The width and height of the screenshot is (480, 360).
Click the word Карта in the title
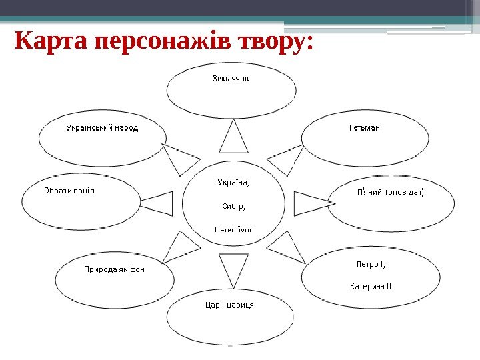(51, 42)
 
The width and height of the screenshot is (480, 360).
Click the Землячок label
(231, 79)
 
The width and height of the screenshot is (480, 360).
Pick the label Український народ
(102, 127)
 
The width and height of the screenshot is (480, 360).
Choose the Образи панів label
(69, 191)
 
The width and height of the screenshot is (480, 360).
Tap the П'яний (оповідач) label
(391, 193)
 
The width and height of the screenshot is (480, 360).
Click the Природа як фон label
(114, 270)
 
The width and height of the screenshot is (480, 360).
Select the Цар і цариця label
(230, 306)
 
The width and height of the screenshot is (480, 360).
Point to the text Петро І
(371, 265)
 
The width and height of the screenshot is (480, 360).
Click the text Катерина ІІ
(371, 287)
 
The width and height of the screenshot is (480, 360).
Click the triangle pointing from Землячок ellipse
(233, 139)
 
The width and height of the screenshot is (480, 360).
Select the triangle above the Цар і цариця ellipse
(233, 269)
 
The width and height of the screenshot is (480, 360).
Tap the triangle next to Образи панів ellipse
(159, 203)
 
